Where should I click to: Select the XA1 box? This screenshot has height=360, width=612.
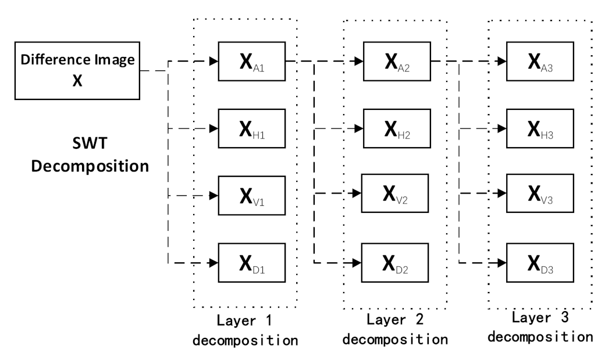[x=251, y=61]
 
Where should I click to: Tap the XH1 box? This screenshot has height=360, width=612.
[x=251, y=129]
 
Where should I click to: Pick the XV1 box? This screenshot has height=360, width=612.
[x=251, y=195]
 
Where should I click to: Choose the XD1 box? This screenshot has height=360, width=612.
[x=251, y=262]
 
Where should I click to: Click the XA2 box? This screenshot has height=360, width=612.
[x=396, y=61]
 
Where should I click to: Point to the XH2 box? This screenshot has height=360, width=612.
[x=396, y=129]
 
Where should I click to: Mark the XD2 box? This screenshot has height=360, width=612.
[x=396, y=262]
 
